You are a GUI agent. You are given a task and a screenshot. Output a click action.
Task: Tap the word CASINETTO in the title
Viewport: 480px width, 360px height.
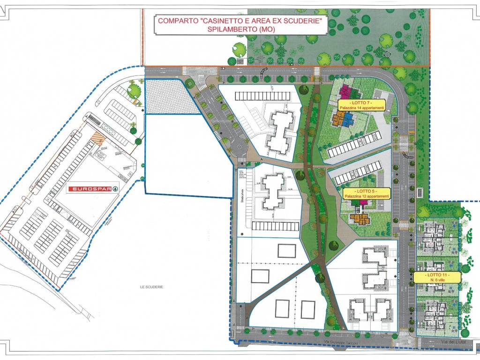tap(225, 21)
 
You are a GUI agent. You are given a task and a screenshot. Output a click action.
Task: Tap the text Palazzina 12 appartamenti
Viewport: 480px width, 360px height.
tap(366, 196)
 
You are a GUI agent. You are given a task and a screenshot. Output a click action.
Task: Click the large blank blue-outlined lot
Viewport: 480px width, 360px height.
tap(187, 155)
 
